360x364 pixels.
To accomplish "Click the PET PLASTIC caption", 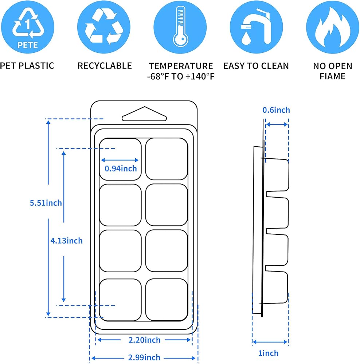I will (27, 66).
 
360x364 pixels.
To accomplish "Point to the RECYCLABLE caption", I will (105, 66).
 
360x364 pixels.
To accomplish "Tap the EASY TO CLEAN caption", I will (256, 66).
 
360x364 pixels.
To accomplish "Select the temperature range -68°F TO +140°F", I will (180, 76).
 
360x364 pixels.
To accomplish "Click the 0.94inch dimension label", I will (121, 169).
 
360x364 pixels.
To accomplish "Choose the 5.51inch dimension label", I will (46, 203).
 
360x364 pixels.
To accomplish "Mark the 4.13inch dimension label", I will (67, 241).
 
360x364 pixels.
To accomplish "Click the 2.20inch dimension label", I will (144, 340).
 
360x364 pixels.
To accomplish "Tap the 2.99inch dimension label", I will (144, 358).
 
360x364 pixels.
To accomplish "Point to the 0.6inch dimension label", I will (276, 110).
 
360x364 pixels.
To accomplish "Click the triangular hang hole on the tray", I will (144, 114).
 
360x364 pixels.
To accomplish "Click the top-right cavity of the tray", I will (167, 159).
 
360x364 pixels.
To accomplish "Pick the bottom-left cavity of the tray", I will (120, 299).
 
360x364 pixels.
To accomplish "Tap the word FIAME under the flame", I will (332, 76).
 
